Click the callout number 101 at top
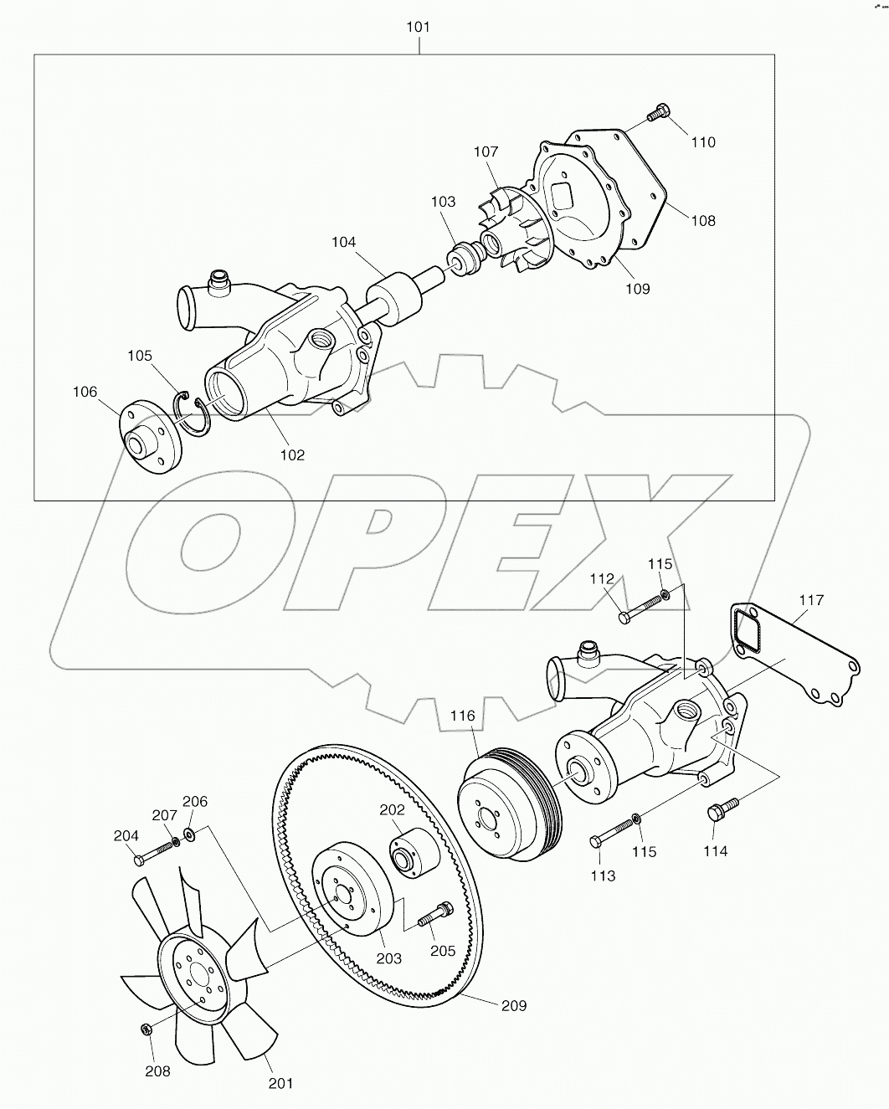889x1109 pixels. [418, 27]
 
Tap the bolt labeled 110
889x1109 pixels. [660, 111]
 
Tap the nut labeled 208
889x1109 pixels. [144, 1029]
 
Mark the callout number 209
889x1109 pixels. [513, 1005]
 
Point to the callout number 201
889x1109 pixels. [280, 1083]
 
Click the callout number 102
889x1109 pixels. [292, 454]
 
